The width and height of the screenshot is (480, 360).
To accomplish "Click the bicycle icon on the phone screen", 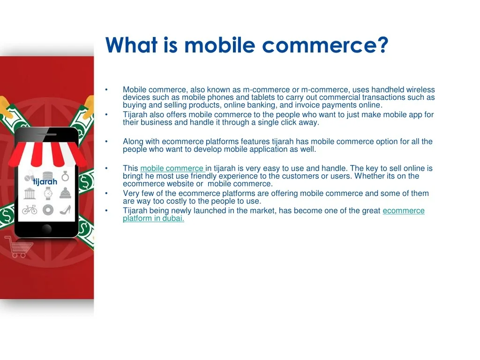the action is coord(30,210).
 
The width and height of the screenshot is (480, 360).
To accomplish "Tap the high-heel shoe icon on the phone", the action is coord(65,210).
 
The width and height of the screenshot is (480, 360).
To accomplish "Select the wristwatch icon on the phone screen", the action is coord(48,194).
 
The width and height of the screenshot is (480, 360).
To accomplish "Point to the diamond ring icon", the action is coord(65,176).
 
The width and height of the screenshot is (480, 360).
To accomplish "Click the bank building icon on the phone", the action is coord(30,194).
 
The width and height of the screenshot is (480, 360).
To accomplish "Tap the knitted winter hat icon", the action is coord(65,194).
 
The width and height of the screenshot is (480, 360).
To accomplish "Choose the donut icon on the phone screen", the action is coord(48,210).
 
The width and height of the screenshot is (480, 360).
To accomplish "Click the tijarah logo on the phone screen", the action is coord(45,182).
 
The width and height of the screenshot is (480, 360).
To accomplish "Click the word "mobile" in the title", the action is coord(220,45).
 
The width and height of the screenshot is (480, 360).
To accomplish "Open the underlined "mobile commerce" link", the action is coord(172,168).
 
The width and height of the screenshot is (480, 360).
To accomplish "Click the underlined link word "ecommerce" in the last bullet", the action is coord(404,210).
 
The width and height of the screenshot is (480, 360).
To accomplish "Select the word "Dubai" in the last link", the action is coord(173,218).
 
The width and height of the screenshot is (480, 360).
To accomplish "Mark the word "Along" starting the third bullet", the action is coord(133,142).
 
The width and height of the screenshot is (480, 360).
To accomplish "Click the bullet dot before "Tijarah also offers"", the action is coord(106,114).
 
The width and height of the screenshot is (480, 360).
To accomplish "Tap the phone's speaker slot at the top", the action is coord(46,134).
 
